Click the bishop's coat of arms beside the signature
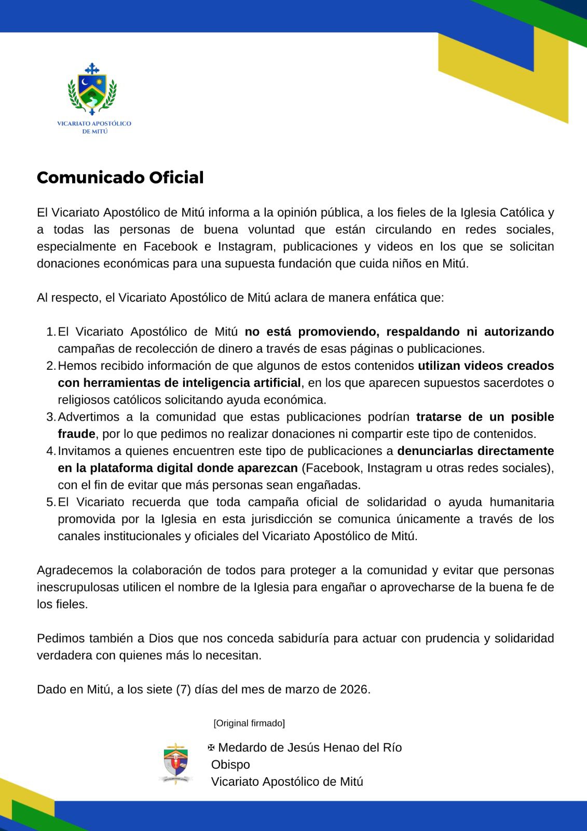pyautogui.click(x=176, y=763)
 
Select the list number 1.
pyautogui.click(x=50, y=332)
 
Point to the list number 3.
pyautogui.click(x=50, y=417)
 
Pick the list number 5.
pyautogui.click(x=50, y=502)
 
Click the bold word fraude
pyautogui.click(x=76, y=434)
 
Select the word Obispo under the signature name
pyautogui.click(x=230, y=765)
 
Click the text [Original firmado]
pyautogui.click(x=249, y=723)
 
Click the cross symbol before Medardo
pyautogui.click(x=211, y=748)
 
